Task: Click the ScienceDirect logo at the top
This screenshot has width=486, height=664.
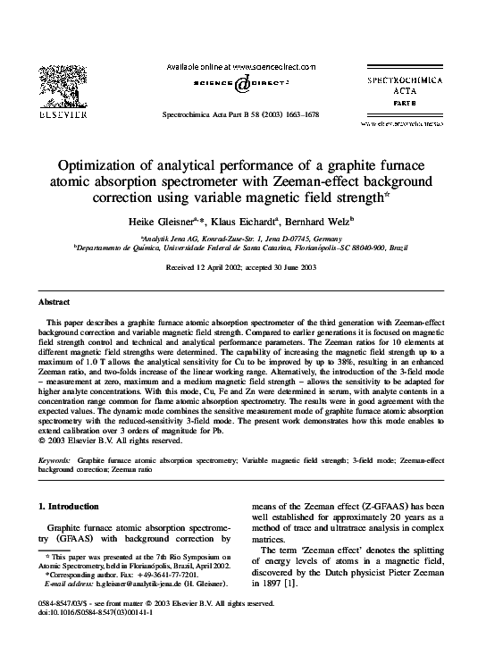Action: tap(243, 84)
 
